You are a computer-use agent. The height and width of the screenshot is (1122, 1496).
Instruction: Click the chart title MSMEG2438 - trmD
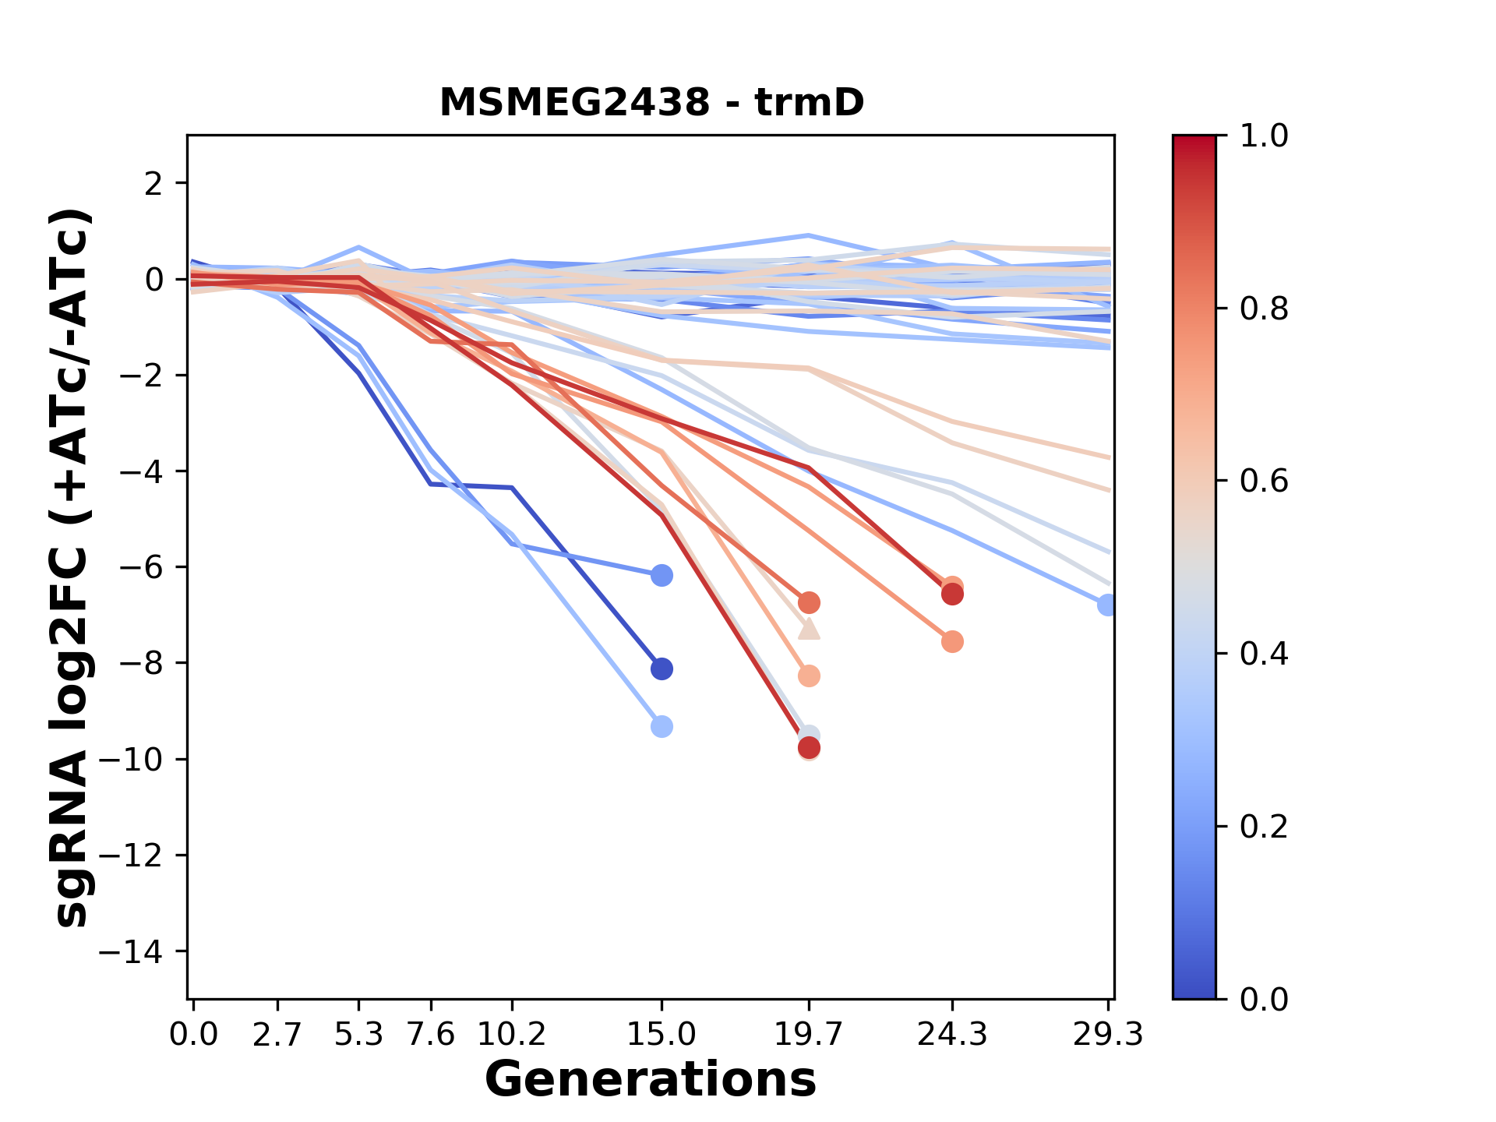[651, 102]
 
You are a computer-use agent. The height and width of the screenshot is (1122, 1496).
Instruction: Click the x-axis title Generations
[651, 1080]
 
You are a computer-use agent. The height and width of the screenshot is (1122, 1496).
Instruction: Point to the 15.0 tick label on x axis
[662, 1034]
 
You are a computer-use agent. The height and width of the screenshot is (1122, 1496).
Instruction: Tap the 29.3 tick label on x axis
[1108, 1034]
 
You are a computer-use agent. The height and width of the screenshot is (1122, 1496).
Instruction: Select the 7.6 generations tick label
[430, 1034]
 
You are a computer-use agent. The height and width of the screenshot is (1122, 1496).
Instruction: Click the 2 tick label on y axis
[154, 184]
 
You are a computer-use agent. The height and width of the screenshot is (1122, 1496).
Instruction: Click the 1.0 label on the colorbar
[1264, 136]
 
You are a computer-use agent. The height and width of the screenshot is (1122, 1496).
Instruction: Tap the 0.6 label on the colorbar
[1264, 482]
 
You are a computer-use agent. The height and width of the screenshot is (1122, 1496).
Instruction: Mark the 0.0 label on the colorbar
[1264, 999]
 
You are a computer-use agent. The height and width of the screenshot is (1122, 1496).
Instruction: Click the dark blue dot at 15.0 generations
[662, 669]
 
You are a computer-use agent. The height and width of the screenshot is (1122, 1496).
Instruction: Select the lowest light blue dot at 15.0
[662, 727]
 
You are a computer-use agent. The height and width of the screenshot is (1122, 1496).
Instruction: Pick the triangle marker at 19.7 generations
[810, 629]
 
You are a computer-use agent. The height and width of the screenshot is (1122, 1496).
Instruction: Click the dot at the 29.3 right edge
[1107, 605]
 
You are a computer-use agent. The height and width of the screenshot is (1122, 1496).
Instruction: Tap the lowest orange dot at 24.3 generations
[952, 642]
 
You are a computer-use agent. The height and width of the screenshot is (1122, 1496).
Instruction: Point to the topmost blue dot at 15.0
[662, 576]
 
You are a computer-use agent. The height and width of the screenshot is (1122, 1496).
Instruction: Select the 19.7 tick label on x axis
[809, 1034]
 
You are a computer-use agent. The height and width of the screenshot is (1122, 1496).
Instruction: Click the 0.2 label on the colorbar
[1264, 827]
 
